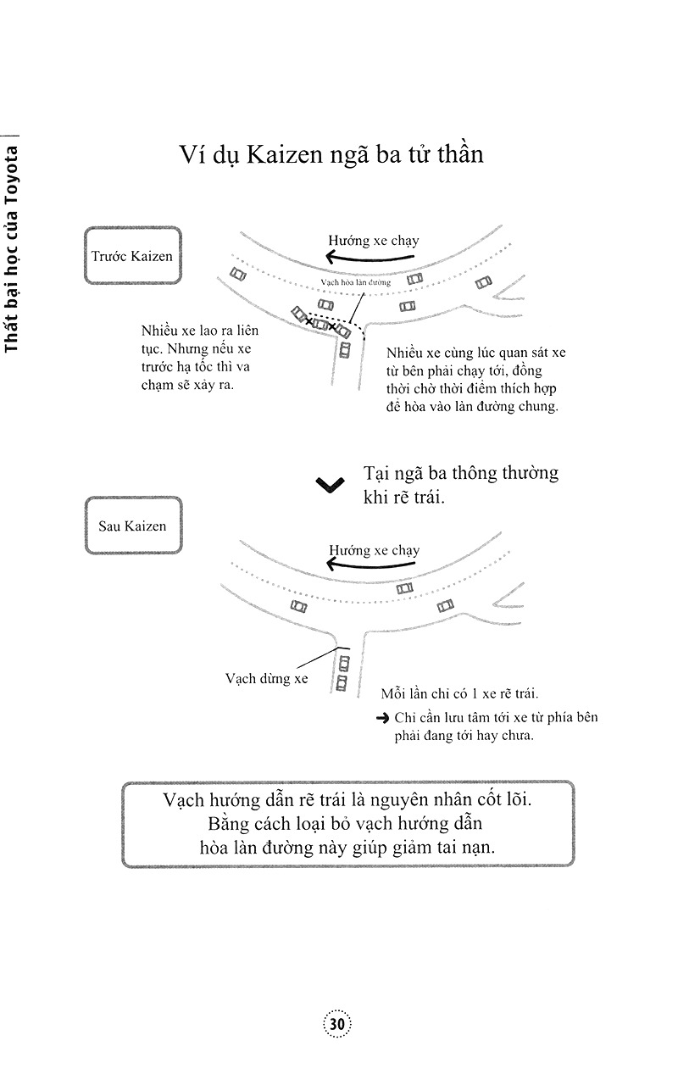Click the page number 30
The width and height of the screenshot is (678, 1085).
[x=337, y=1024]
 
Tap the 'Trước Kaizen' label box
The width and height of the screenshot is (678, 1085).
[x=133, y=256]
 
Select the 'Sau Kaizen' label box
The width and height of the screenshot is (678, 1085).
[x=133, y=526]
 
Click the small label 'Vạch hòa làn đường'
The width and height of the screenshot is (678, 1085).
[x=355, y=283]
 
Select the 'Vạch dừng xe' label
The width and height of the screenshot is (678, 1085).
[x=266, y=678]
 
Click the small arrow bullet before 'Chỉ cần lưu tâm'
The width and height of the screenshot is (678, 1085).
[x=381, y=718]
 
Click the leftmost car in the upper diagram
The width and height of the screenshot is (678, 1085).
[x=237, y=274]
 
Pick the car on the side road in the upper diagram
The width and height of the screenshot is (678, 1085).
[x=344, y=348]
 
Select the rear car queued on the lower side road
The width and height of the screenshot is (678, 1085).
[x=342, y=682]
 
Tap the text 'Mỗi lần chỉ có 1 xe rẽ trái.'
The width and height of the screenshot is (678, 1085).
[x=458, y=693]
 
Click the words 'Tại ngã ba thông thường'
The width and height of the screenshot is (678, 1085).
[x=460, y=473]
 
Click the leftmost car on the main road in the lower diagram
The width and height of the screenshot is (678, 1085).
[x=297, y=606]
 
